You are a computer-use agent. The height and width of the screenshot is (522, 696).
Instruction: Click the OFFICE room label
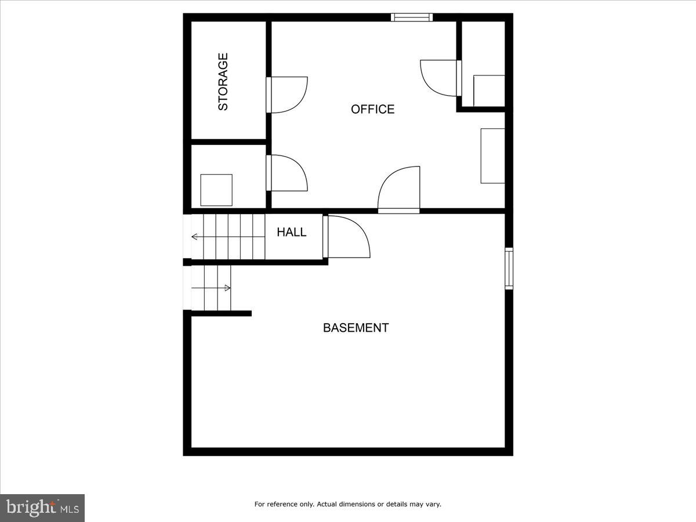click(372, 109)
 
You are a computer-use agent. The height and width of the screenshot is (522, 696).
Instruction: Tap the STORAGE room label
click(223, 82)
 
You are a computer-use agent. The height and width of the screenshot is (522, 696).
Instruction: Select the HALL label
click(291, 232)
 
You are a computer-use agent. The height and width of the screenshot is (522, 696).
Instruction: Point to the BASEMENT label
click(356, 328)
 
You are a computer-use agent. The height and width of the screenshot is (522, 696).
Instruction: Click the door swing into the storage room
click(287, 95)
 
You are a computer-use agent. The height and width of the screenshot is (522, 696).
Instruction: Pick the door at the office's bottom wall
click(399, 190)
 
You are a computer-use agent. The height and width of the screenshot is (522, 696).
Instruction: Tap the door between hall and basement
click(347, 237)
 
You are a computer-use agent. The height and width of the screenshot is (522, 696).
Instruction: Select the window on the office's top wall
click(412, 17)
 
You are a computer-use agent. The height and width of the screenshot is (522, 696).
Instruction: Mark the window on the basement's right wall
click(509, 268)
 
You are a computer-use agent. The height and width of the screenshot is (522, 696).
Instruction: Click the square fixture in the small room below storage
click(216, 190)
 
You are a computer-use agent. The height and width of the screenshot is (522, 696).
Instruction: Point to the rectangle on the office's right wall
click(492, 156)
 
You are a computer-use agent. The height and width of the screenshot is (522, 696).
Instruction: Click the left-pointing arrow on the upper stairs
click(194, 237)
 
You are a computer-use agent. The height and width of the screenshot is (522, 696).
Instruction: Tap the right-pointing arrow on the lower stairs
click(227, 288)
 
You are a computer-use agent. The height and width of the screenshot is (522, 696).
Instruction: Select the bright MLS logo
click(42, 508)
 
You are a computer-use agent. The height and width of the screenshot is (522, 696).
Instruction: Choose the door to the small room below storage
click(287, 173)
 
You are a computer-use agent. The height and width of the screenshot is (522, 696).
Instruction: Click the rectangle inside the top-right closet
click(489, 91)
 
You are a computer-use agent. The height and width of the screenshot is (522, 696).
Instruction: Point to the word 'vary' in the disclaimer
click(433, 505)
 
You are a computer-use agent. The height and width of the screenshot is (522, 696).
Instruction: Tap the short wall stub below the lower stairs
click(221, 314)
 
